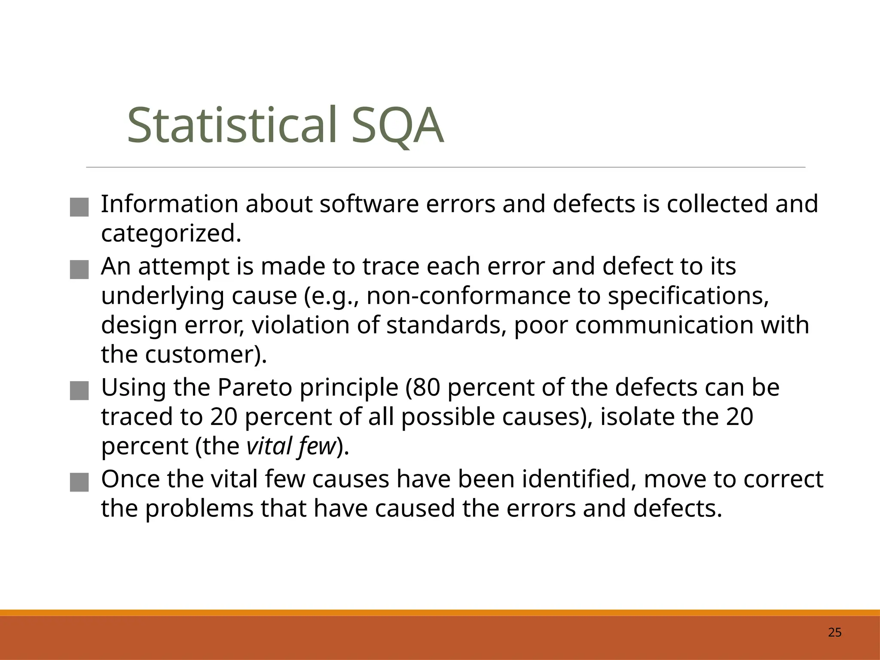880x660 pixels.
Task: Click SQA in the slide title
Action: [x=397, y=125]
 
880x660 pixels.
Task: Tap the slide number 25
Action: [x=834, y=632]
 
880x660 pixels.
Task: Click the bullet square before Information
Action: [x=79, y=207]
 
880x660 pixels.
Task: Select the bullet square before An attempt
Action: [x=79, y=270]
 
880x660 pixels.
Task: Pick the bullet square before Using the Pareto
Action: [x=79, y=391]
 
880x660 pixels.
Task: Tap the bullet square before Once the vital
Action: [x=79, y=483]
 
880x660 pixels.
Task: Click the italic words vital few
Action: [x=290, y=446]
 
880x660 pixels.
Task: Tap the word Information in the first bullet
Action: [x=169, y=204]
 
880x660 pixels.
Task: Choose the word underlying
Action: [x=162, y=296]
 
